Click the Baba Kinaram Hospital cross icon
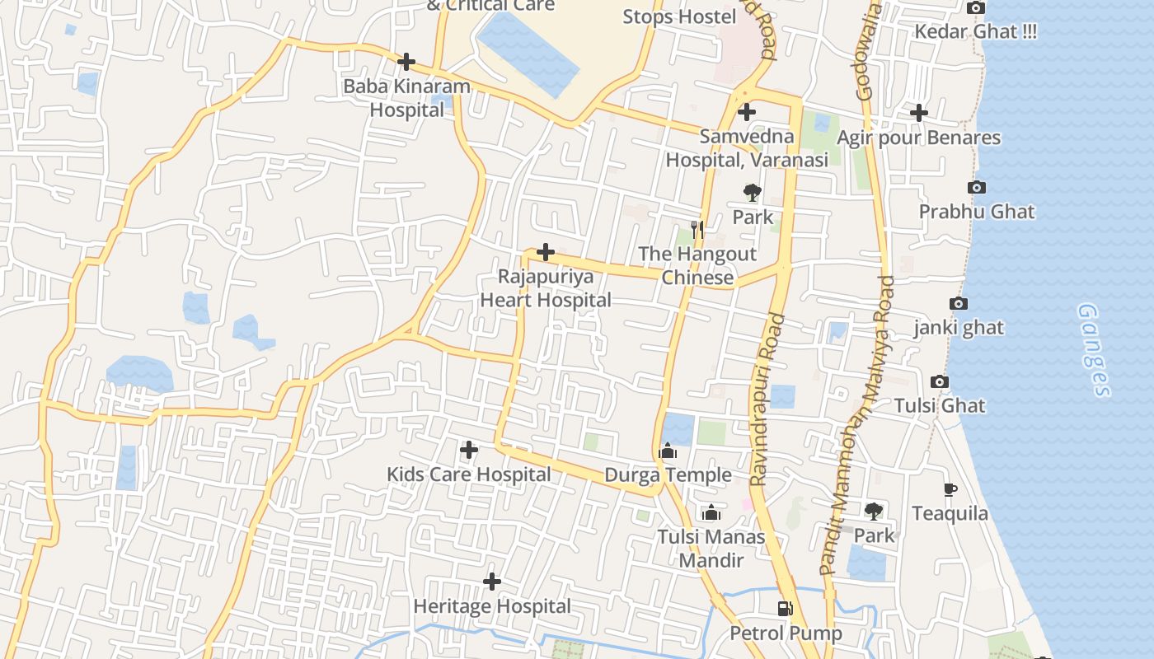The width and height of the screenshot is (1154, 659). [406, 62]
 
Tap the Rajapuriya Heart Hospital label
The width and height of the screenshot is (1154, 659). [546, 288]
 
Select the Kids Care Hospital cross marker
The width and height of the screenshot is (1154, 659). [468, 450]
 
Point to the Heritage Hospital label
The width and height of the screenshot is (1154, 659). [491, 606]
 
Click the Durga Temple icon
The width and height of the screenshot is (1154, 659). [668, 451]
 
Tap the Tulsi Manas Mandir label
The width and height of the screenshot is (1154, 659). [711, 549]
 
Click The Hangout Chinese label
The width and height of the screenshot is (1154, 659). [697, 265]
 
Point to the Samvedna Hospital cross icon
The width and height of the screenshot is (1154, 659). [747, 112]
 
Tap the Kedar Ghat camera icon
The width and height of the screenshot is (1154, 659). [976, 8]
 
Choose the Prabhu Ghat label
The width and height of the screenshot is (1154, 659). [977, 212]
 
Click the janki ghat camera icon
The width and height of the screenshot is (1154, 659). [958, 304]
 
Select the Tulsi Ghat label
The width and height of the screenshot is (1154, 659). [940, 405]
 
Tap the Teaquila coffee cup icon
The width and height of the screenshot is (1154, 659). [950, 489]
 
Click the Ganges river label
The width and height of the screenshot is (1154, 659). [1095, 350]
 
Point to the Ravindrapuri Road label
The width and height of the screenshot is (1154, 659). [765, 400]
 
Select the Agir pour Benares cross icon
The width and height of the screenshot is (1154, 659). [919, 113]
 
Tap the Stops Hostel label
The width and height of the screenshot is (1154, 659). [679, 16]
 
